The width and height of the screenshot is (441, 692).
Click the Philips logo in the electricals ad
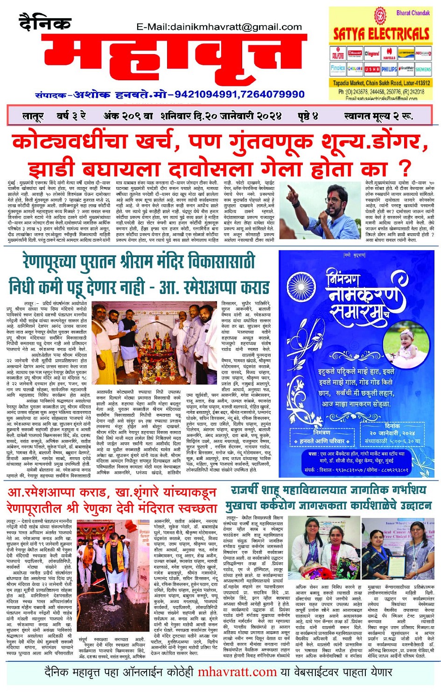coord(389,69)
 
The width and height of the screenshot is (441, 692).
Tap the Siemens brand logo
coord(423,69)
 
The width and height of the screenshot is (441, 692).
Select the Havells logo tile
coord(389,54)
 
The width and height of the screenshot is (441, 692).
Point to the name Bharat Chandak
coord(413,13)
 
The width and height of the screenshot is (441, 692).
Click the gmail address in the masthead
coord(219,27)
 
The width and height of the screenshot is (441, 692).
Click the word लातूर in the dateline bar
coord(33,116)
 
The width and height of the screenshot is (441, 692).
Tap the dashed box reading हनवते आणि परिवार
coord(322,440)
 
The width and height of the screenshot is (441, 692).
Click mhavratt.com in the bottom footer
coord(237,672)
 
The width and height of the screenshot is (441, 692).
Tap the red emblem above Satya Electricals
coord(381,15)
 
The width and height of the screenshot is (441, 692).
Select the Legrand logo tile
coord(372,54)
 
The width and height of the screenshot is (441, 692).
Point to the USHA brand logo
coord(372,69)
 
